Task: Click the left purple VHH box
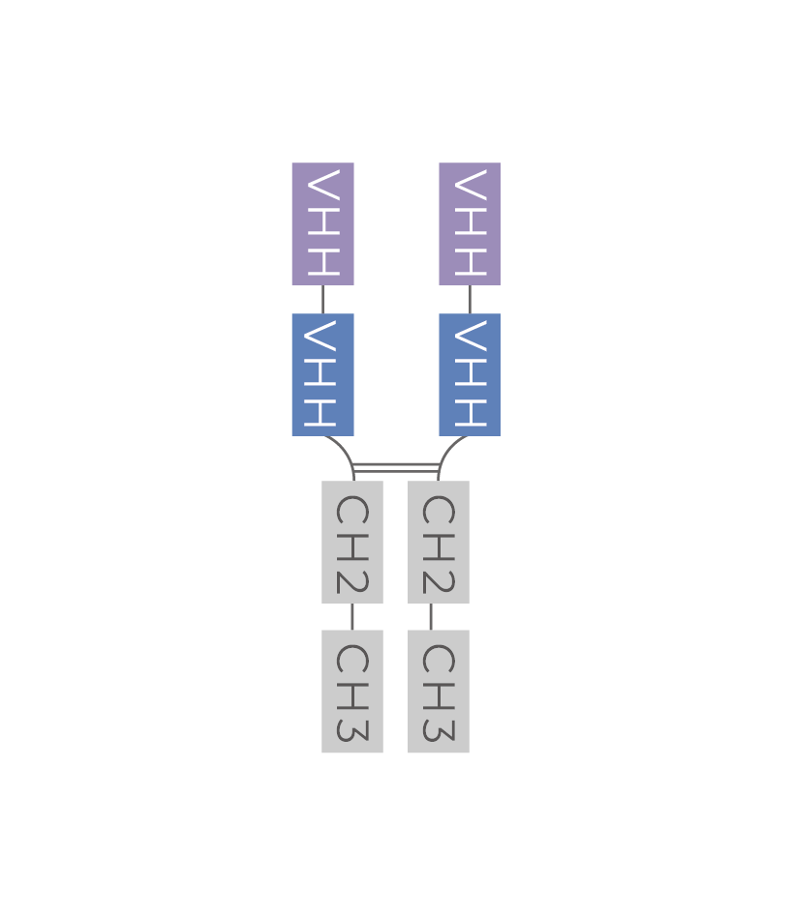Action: pos(322,223)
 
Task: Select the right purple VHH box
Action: pos(470,223)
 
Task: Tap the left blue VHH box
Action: pos(322,374)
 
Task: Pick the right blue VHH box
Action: pos(470,374)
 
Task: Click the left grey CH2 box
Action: pos(352,542)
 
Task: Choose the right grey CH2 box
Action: pos(439,542)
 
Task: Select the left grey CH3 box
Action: pos(352,691)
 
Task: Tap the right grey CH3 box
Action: pos(439,691)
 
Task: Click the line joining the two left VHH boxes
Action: pos(322,299)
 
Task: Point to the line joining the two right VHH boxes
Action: pos(470,299)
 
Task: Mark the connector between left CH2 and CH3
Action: pos(352,616)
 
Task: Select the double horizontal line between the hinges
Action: pos(396,469)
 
